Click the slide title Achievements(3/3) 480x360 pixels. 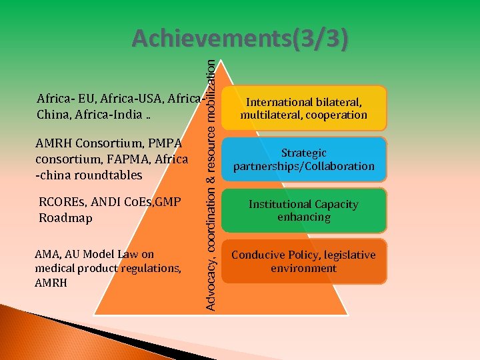tap(239, 39)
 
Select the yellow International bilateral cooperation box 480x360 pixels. tap(304, 108)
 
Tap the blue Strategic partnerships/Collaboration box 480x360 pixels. tap(304, 159)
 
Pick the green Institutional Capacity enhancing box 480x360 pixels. tap(304, 211)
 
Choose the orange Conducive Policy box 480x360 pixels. tap(304, 261)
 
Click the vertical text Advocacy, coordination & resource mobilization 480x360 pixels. tap(211, 183)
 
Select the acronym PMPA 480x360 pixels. tap(165, 143)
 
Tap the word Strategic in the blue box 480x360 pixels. tap(304, 153)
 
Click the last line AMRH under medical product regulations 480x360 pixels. tap(50, 282)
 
